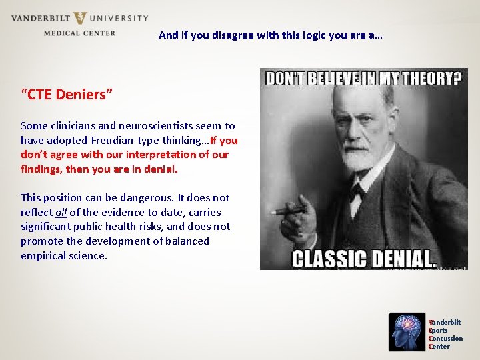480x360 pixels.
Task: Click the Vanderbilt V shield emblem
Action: [79, 18]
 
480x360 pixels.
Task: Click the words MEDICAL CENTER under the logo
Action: [79, 33]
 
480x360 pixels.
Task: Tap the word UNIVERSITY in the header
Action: [119, 18]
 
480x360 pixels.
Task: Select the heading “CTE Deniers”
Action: [67, 95]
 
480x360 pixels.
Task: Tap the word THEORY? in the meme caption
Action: [427, 78]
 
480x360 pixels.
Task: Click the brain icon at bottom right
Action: [406, 331]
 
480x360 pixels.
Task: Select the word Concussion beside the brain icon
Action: [446, 339]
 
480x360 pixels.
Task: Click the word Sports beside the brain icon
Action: [439, 331]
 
